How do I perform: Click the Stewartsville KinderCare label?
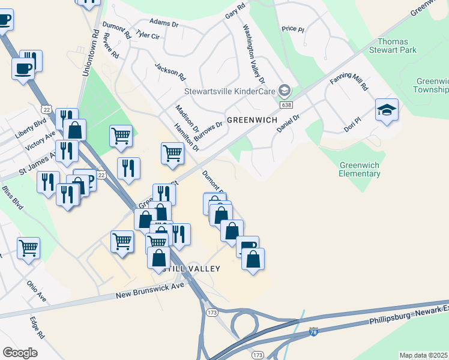[x=230, y=92]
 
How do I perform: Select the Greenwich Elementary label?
[x=360, y=169]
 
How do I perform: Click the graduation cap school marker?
[x=387, y=110]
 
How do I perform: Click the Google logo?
[x=20, y=352]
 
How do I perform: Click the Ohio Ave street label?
[x=36, y=290]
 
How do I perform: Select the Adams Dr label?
[x=164, y=22]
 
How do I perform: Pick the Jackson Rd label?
[x=170, y=72]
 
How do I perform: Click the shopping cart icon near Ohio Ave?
[x=29, y=247]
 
